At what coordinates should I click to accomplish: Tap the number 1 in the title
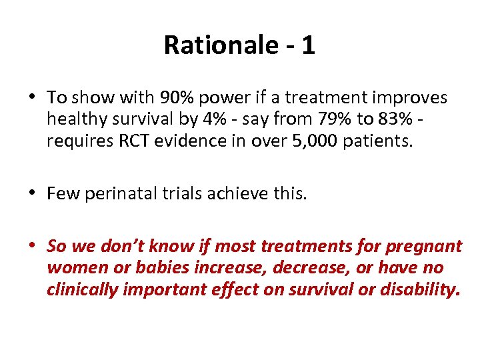[307, 45]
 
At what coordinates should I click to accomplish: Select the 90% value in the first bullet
[177, 97]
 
